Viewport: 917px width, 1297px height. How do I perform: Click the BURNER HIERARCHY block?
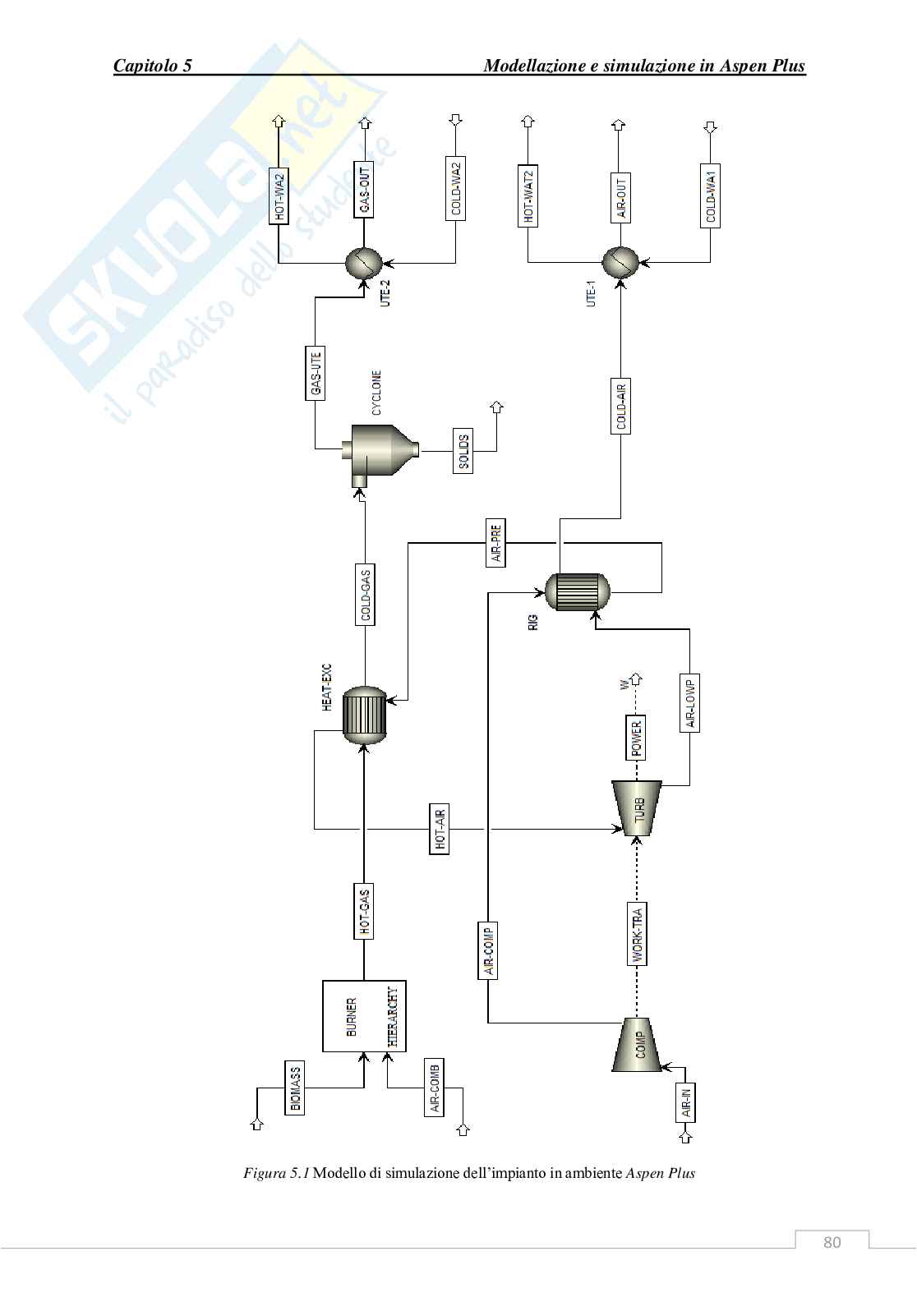[x=364, y=1016]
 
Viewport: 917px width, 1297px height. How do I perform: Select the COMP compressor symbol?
[x=638, y=1045]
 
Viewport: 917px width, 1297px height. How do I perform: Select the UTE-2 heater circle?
[x=362, y=264]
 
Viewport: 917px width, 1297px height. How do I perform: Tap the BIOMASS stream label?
[x=295, y=1088]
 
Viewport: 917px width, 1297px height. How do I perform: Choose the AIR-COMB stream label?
[x=435, y=1088]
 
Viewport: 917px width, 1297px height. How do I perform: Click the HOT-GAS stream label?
[x=364, y=911]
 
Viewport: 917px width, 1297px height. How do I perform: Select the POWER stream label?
[x=637, y=738]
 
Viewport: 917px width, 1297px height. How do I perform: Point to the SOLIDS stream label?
[x=463, y=450]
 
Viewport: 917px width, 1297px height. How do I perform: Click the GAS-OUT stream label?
[x=364, y=189]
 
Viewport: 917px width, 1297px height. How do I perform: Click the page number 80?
[x=832, y=1242]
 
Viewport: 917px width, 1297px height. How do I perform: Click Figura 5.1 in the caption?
[x=276, y=1173]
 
